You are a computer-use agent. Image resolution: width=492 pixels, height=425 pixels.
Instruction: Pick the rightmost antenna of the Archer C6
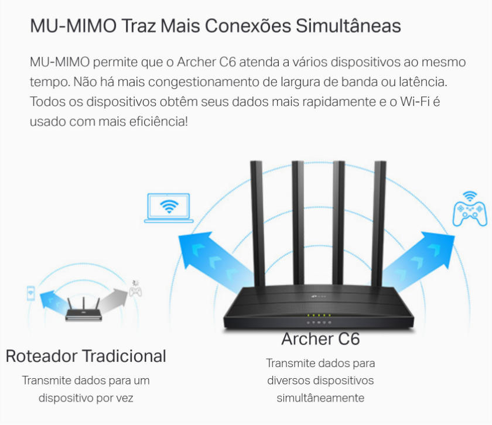pos(379,222)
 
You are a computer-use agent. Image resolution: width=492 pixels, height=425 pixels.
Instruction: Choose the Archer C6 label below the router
pos(320,339)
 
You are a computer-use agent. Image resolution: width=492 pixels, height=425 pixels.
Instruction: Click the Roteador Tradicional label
pos(86,356)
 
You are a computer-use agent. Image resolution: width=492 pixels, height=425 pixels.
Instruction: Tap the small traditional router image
pos(83,310)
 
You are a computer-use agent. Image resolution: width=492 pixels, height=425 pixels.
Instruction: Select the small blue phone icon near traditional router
pos(31,293)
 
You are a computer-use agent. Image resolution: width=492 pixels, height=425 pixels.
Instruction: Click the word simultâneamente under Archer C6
pos(320,398)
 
